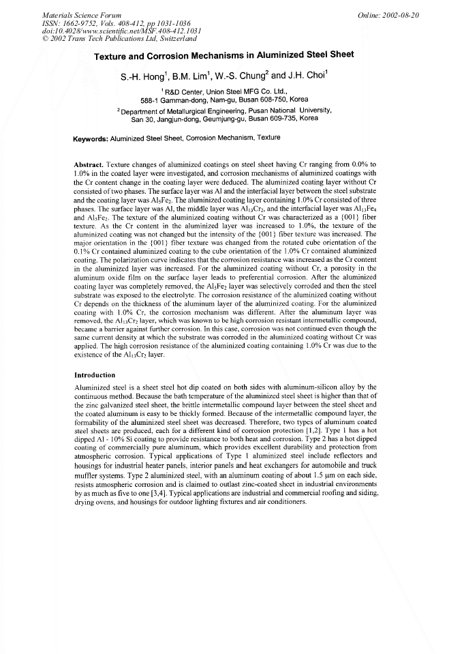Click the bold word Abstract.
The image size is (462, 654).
[x=88, y=166]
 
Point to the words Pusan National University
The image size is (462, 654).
[x=290, y=109]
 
